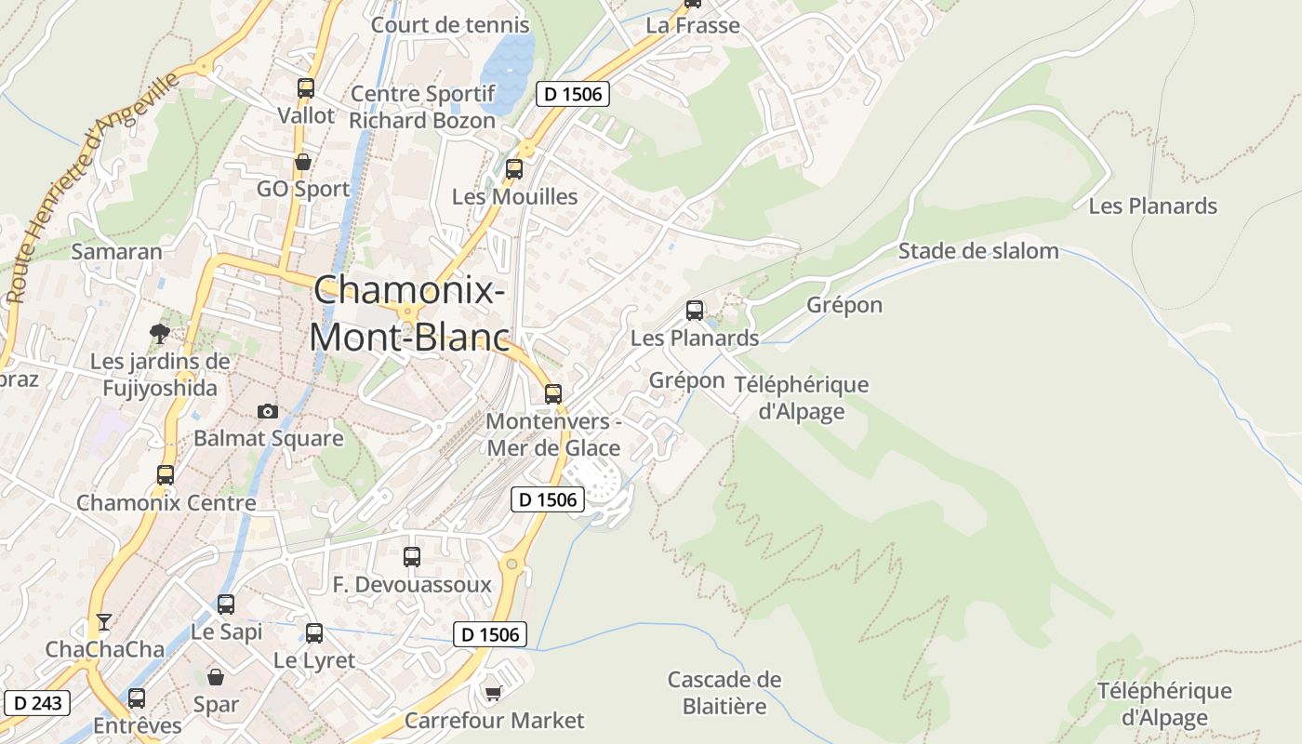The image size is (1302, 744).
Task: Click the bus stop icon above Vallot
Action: pos(306,88)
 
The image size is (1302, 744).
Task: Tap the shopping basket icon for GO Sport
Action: pos(302,162)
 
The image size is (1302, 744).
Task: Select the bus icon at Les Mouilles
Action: pos(514,169)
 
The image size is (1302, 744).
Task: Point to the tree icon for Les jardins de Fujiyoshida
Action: pos(160,333)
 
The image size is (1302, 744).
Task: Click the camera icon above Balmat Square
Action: pos(268,411)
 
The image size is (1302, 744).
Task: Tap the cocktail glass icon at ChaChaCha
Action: pos(104,622)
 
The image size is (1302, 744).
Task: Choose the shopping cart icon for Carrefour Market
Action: pos(494,693)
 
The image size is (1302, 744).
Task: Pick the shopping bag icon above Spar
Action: pos(216,677)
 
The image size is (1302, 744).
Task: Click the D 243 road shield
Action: pos(37,702)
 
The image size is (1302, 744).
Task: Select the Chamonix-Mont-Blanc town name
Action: pos(409,312)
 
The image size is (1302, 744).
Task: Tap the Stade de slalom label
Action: pos(977,251)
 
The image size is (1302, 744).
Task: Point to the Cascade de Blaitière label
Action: pos(724,693)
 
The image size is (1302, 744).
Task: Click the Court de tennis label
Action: pos(450,25)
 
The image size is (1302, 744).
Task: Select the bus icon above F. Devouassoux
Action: pos(412,557)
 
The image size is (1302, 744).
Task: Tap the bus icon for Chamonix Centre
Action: pos(166,475)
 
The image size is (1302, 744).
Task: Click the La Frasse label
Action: pos(693,25)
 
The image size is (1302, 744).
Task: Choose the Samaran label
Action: pos(116,251)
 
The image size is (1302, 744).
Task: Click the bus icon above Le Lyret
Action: pos(314,633)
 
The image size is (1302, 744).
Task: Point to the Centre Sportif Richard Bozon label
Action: pos(422,107)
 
